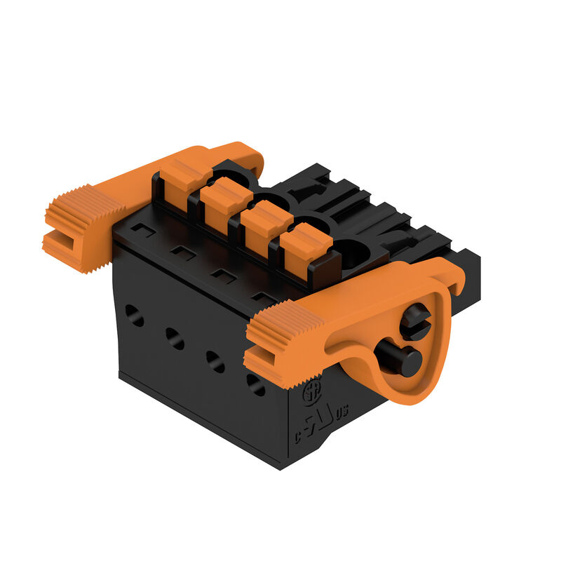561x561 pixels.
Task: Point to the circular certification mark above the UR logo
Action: [x=311, y=393]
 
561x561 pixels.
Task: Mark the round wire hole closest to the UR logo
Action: [x=256, y=383]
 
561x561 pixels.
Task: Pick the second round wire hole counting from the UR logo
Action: [x=215, y=360]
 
